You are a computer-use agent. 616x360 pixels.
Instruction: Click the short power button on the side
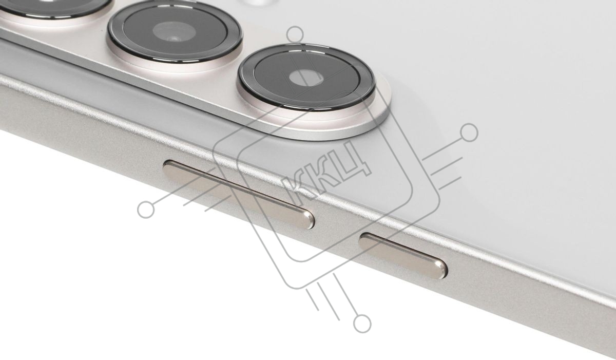403,256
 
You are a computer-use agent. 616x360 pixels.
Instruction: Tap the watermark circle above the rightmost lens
295,34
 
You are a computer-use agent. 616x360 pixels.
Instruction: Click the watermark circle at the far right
469,132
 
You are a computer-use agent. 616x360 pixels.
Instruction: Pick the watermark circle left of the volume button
146,210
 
